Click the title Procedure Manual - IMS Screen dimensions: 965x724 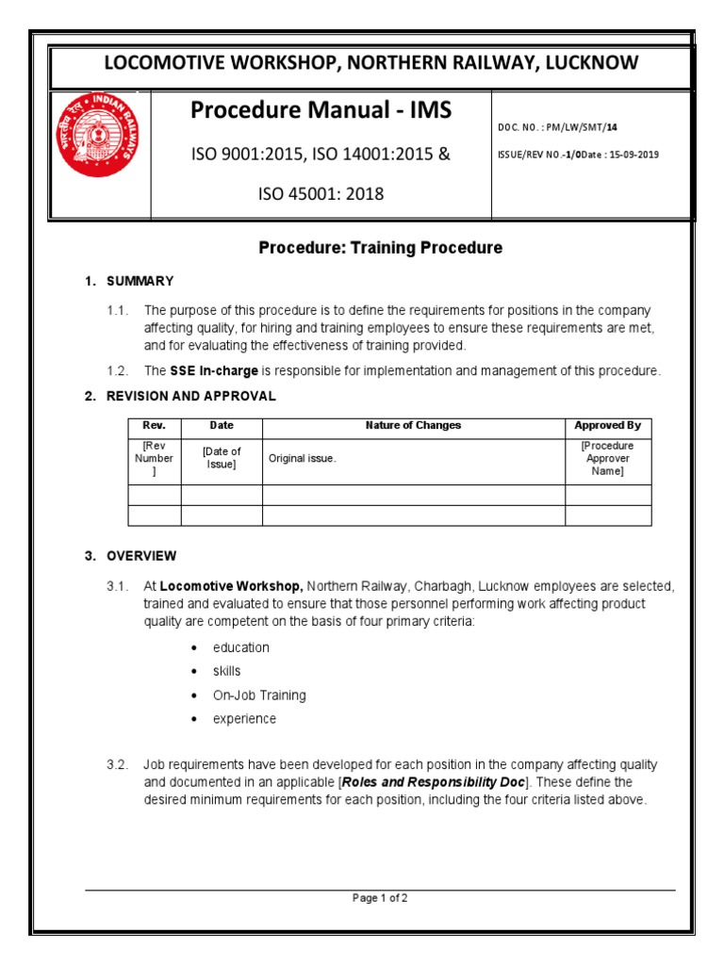(321, 111)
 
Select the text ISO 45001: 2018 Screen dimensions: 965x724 (321, 195)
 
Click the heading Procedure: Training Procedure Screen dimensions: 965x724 (381, 248)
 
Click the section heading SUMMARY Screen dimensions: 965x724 (140, 281)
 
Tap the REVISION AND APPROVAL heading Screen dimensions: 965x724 (190, 396)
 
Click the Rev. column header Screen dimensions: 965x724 (154, 426)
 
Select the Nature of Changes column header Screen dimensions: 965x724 (413, 426)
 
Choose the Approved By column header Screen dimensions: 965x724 (608, 426)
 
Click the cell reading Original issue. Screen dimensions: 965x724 (302, 459)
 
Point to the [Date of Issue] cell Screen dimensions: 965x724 (221, 459)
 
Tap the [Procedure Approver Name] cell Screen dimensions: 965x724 (608, 459)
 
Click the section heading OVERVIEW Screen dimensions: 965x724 (141, 556)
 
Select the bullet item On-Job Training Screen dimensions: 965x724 (259, 695)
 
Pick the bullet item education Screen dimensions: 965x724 (240, 647)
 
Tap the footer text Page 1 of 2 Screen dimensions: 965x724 (380, 898)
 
